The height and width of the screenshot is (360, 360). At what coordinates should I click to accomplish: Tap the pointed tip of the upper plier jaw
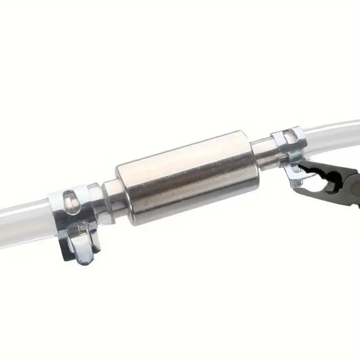point(301,168)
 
